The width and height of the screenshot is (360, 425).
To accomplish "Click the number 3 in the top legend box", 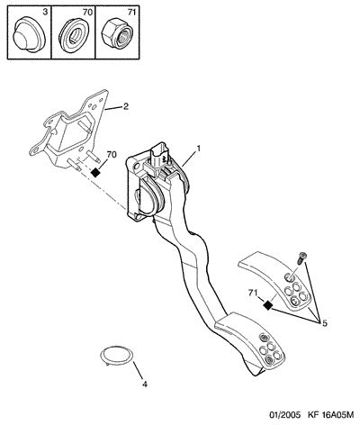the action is tap(45, 13).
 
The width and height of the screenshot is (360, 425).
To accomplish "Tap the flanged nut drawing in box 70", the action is tap(74, 35).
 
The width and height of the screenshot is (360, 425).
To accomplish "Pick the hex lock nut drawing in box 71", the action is tap(118, 34).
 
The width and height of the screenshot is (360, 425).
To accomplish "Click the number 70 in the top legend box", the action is tap(88, 13).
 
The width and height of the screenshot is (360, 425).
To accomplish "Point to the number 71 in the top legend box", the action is tap(131, 13).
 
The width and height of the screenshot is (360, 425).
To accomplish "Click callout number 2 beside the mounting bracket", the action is tap(125, 106).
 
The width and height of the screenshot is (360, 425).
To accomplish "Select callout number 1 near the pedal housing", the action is tap(198, 148).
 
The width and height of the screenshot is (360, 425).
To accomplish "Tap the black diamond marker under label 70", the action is tap(95, 173).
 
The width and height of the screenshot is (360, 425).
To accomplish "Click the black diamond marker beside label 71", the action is tap(267, 305).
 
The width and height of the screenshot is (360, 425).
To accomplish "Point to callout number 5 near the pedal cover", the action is tap(325, 323).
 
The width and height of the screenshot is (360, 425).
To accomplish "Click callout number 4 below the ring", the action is tap(145, 384).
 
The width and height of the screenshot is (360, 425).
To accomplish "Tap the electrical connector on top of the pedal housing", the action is tap(157, 158).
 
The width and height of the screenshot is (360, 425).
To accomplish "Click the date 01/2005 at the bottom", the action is tap(284, 415).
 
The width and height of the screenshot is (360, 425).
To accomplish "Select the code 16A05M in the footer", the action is tap(337, 415).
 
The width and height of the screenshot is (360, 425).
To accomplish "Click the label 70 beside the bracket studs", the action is tap(112, 155).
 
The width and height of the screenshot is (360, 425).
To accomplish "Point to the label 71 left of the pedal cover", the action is tap(253, 293).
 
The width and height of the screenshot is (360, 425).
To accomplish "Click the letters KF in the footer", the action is tap(312, 415).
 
